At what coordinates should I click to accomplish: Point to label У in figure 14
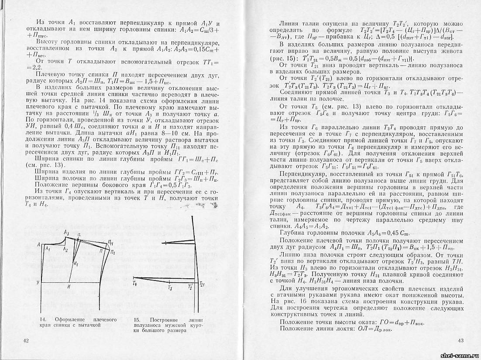[x=38, y=283]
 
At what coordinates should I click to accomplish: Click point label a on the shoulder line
[x=79, y=235]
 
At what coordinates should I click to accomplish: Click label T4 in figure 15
[x=135, y=284]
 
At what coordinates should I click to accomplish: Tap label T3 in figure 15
[x=170, y=289]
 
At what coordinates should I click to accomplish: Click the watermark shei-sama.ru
[x=459, y=356]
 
